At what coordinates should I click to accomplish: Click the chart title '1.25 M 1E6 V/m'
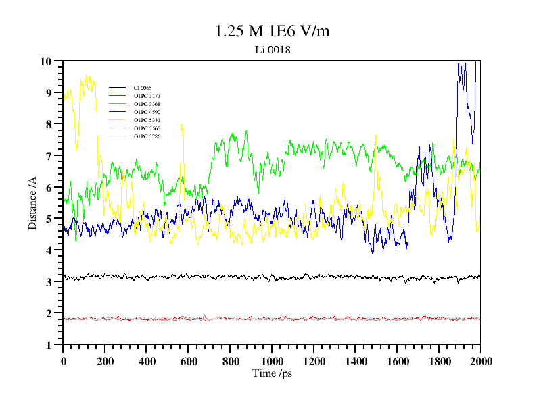272,31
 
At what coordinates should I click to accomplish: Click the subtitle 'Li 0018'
272,50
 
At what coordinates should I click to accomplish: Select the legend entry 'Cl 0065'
143,88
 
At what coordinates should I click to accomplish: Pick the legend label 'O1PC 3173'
147,96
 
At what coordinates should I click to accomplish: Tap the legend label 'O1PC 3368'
147,104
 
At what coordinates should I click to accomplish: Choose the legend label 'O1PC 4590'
147,112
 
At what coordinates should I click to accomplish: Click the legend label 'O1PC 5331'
147,120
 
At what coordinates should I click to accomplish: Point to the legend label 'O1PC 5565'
147,128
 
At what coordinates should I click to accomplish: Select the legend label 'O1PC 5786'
147,136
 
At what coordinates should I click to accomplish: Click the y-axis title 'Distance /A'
32,202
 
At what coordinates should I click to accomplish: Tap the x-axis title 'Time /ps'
272,373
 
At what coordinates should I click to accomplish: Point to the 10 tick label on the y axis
46,61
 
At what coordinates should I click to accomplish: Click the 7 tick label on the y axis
49,156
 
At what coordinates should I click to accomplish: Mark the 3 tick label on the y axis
49,282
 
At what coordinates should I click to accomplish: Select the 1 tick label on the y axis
49,345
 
